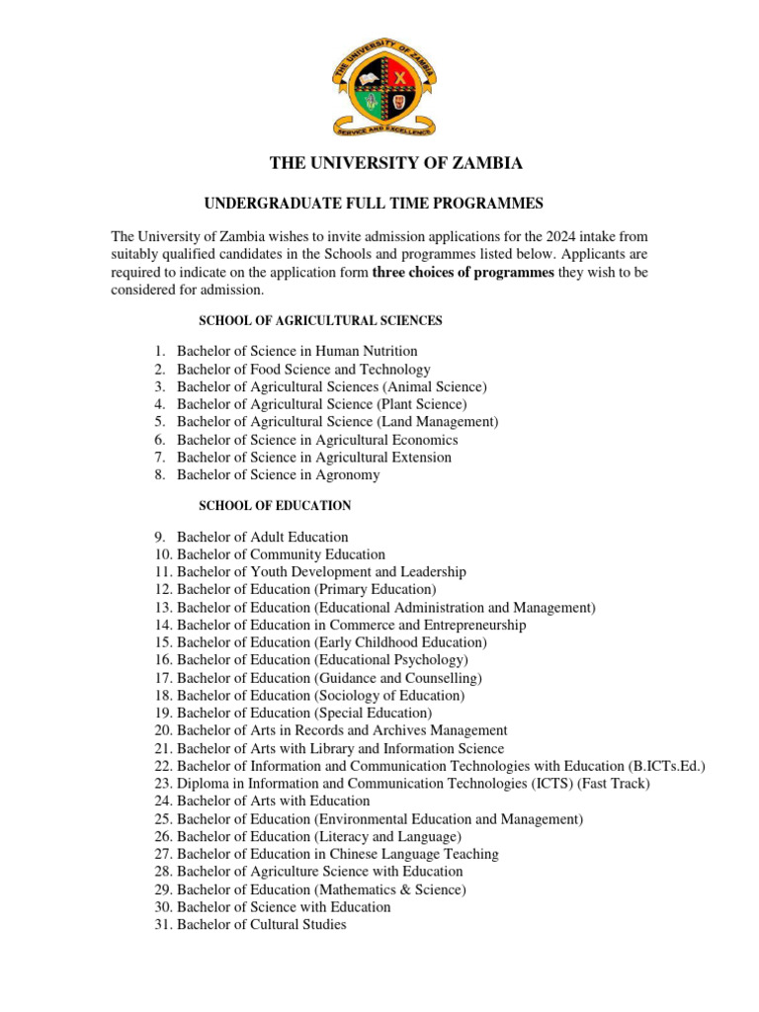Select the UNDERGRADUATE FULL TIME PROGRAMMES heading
point(374,204)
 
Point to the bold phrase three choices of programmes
point(463,273)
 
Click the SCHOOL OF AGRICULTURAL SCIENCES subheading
point(320,321)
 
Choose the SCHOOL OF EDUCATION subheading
point(275,506)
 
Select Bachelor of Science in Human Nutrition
point(296,351)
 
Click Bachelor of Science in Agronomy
point(278,475)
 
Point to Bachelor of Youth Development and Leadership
point(321,572)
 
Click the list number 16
point(163,660)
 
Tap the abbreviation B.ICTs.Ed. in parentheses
point(667,766)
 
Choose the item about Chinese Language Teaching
point(337,854)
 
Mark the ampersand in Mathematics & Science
point(409,889)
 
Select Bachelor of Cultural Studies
point(261,925)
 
